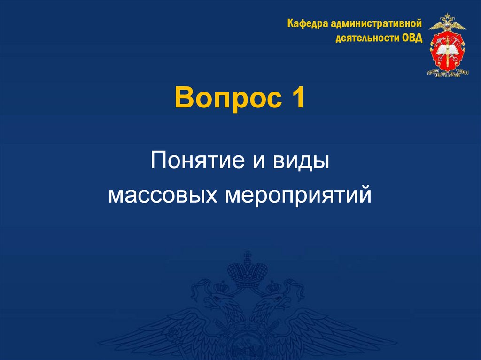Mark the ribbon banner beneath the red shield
(x=447, y=72)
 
